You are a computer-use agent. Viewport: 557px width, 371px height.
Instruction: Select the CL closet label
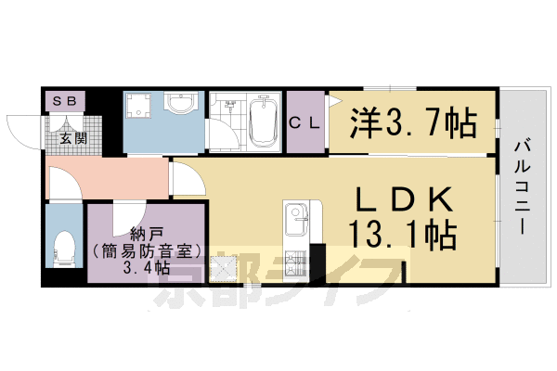(304, 122)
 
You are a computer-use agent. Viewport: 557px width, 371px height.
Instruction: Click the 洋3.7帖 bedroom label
(412, 121)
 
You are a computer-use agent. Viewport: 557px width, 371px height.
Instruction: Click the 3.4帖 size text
(144, 268)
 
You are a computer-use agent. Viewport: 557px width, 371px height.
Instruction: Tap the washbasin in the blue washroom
(181, 105)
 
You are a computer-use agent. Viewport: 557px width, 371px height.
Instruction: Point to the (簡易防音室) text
(144, 250)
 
